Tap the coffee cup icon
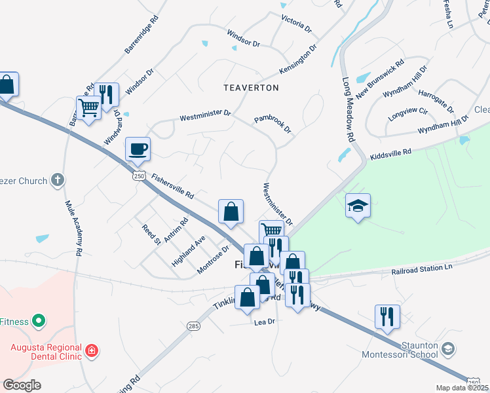tap(138, 149)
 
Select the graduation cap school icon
tap(358, 206)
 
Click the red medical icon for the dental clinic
tap(92, 351)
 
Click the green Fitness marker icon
tap(39, 321)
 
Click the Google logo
tap(22, 385)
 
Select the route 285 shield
tap(193, 326)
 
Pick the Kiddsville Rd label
tap(390, 152)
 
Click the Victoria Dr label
tap(296, 24)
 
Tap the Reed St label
tap(151, 234)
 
